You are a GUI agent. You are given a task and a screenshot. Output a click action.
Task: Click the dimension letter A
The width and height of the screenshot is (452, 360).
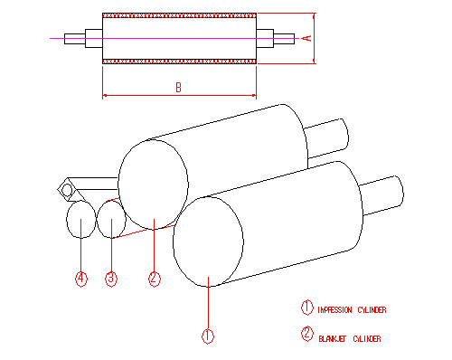pos(307,38)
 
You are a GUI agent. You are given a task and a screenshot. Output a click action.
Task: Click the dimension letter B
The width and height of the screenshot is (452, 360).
pos(179,88)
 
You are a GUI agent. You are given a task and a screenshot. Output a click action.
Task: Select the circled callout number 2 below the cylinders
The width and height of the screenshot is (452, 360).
pos(154,279)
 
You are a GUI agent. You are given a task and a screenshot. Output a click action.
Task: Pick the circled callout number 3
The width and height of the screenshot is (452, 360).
pos(111,279)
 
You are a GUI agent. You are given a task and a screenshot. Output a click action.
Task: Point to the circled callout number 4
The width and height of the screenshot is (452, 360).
pos(80,279)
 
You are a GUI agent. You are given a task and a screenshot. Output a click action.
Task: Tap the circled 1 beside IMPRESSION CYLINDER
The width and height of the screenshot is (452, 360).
pos(306,308)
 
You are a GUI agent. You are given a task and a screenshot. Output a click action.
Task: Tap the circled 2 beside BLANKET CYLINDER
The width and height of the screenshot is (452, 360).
pos(306,334)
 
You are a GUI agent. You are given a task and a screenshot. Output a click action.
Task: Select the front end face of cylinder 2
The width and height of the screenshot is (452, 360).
pos(154,185)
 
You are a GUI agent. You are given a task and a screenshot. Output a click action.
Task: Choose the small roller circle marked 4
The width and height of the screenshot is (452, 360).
pos(80,219)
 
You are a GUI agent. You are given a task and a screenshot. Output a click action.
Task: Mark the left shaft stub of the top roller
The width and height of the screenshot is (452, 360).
pos(92,38)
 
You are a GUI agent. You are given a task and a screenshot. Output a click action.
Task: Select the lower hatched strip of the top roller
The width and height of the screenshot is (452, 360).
pos(179,62)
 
